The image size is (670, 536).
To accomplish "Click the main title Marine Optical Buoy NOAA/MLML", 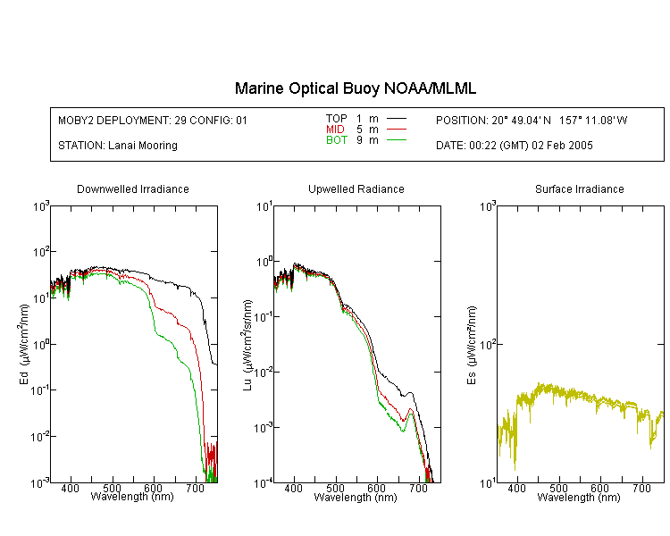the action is click(x=355, y=88).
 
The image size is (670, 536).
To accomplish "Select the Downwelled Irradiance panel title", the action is click(x=133, y=188).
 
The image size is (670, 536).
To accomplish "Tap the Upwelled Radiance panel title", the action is click(x=356, y=188).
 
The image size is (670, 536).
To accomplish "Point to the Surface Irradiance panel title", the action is click(x=580, y=188).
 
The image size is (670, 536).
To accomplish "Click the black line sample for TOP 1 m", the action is click(x=397, y=119).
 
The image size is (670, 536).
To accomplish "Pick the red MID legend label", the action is click(x=335, y=129).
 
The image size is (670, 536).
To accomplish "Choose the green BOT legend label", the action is click(x=337, y=140).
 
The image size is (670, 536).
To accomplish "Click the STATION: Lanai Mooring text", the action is click(x=118, y=146).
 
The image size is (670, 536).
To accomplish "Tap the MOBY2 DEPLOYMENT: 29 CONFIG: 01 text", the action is click(x=153, y=120).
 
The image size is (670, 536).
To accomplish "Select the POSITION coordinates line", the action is click(x=532, y=120).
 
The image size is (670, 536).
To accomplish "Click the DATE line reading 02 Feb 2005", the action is click(x=514, y=146).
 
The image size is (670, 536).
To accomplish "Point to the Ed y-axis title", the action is click(x=25, y=344).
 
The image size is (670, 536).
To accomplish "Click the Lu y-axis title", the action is click(x=247, y=345).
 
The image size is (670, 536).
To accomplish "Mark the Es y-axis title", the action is click(x=472, y=345).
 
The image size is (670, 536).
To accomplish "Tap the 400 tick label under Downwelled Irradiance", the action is click(x=70, y=488).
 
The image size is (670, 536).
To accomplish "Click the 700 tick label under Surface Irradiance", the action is click(x=641, y=488).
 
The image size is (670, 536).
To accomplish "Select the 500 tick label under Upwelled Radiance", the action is click(x=335, y=488).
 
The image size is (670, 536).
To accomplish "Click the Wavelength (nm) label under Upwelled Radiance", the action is click(x=356, y=497).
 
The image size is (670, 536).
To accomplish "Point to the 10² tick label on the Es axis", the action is click(x=488, y=345).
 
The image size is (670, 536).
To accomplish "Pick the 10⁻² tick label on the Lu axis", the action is click(x=264, y=373).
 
